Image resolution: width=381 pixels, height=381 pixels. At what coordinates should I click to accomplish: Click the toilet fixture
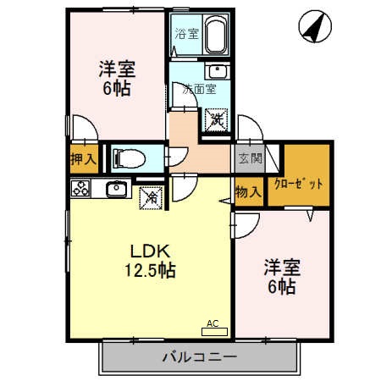132,157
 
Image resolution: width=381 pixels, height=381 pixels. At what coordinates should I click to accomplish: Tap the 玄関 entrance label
250,157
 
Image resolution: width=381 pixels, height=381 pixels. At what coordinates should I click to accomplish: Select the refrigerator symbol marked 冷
152,197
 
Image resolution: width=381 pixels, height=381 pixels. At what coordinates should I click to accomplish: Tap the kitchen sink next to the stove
116,188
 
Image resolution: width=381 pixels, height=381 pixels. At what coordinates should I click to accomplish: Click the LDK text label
150,251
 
